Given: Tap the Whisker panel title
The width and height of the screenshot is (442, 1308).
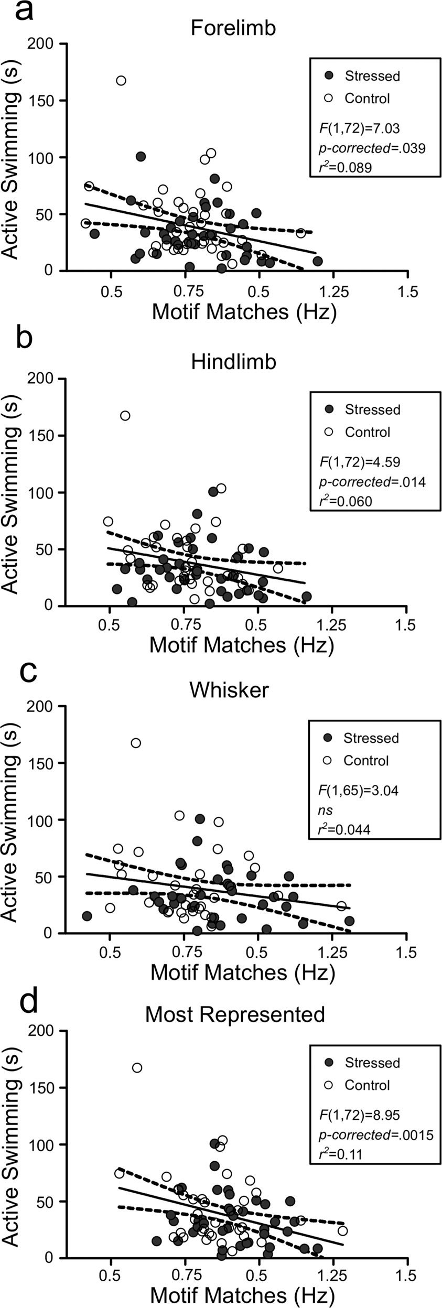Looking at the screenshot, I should (229, 690).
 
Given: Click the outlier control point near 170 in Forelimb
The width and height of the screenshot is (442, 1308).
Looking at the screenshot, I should (121, 81).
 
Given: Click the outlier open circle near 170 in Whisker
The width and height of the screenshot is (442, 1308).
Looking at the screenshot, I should (136, 743).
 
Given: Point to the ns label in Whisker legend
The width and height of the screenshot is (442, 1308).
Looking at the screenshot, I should (326, 810).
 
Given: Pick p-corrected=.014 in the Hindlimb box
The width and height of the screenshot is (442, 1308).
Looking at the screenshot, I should (372, 482).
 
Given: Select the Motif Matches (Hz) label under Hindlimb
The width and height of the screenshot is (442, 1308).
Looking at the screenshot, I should (242, 645).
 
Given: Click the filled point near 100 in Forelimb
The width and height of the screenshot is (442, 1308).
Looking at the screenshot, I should (141, 156).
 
